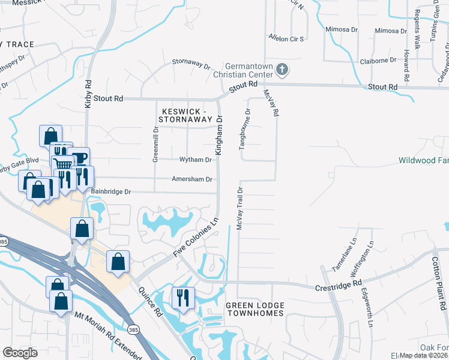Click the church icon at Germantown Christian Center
[x=282, y=70]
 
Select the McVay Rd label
[x=272, y=103]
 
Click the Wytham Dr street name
[x=196, y=160]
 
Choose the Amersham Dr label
[x=192, y=179]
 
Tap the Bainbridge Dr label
[x=111, y=191]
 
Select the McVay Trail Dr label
[x=239, y=208]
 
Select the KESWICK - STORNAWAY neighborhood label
[x=185, y=115]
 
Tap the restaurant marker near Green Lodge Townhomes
[x=181, y=298]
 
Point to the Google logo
[x=20, y=353]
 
